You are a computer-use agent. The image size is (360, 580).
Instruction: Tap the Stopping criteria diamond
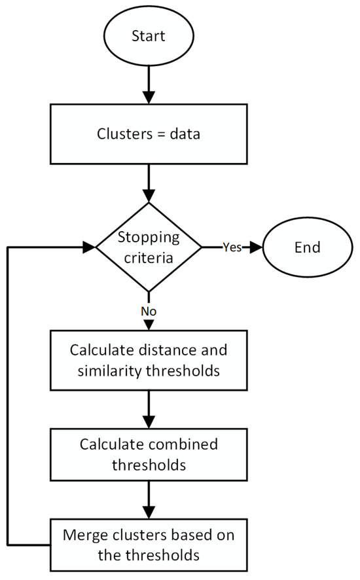click(x=149, y=247)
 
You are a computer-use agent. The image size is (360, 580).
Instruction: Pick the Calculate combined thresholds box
click(x=149, y=453)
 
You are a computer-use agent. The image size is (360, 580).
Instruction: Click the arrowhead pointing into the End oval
click(x=254, y=247)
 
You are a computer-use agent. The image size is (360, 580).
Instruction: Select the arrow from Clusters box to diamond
click(x=149, y=187)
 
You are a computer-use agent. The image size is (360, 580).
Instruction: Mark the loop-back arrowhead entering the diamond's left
click(x=89, y=247)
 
